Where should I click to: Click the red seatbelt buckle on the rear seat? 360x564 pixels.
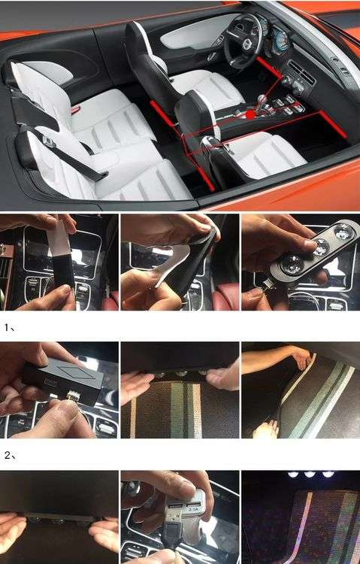(x=75, y=110)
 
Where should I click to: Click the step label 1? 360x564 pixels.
(x=10, y=328)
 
